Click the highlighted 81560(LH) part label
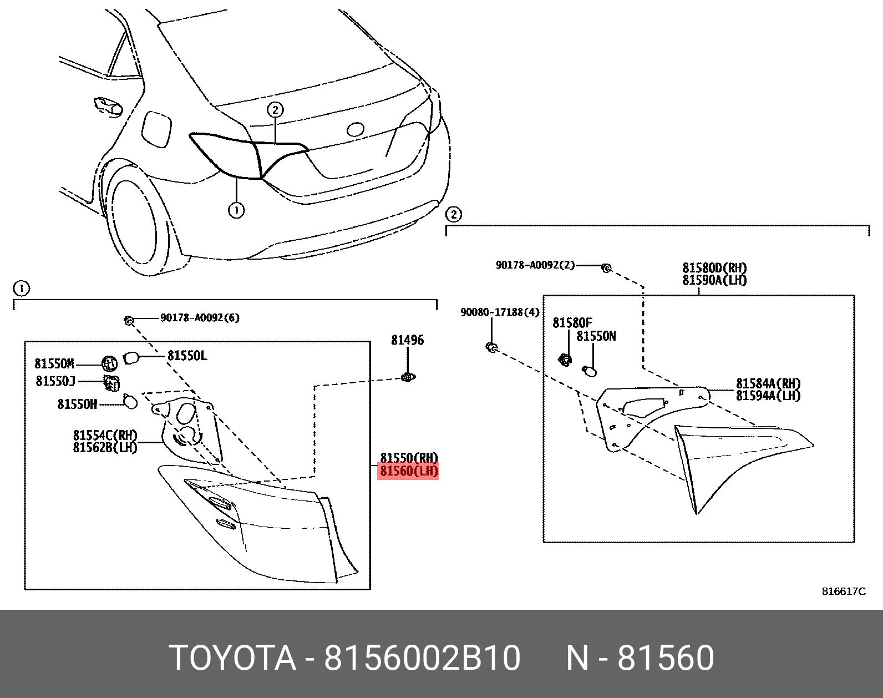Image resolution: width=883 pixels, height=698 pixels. point(408,472)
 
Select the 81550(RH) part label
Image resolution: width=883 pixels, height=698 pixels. point(408,458)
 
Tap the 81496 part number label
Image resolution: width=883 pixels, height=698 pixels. point(407,340)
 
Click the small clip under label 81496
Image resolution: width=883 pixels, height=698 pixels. point(408,378)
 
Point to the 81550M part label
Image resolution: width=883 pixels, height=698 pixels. point(54,364)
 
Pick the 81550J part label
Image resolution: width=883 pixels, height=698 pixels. point(55,381)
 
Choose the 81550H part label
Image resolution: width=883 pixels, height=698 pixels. point(77,404)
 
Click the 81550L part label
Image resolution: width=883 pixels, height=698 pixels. point(187,356)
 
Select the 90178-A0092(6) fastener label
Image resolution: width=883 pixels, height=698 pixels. point(200,318)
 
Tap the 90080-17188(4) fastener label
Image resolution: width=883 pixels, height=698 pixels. point(499,312)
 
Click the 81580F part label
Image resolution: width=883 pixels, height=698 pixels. point(572,323)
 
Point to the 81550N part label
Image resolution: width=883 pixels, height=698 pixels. point(596,336)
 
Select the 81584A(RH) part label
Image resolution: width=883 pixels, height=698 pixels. point(768,383)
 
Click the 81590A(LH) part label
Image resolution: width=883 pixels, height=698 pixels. point(714,280)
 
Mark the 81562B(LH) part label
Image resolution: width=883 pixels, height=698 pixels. point(105,447)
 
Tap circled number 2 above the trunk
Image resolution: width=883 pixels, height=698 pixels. point(275,109)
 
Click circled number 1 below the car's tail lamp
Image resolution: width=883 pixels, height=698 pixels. point(236,210)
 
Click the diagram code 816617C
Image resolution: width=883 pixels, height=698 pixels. point(843,591)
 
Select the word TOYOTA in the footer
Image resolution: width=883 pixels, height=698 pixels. point(232,658)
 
